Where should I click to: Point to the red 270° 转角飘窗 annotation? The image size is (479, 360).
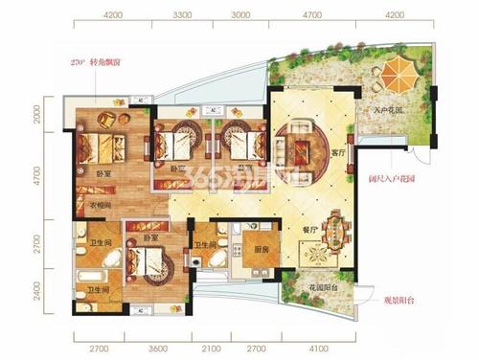[x=98, y=62]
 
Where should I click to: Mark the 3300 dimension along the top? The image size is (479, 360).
[x=180, y=15]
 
